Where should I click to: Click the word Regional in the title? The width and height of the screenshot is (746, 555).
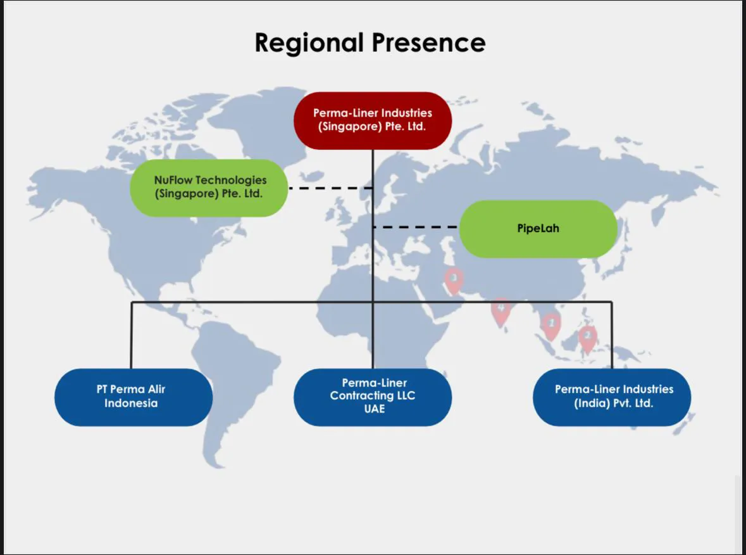[309, 43]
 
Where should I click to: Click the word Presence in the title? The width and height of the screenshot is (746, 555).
[428, 42]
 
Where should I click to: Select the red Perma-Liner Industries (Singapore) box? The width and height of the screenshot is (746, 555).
[373, 120]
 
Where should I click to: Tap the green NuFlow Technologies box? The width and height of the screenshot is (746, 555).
[209, 188]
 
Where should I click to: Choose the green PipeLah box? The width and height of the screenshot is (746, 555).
[538, 229]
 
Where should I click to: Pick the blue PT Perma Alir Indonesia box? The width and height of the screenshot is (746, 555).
[134, 397]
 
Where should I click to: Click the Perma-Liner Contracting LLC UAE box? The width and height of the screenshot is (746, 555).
[373, 397]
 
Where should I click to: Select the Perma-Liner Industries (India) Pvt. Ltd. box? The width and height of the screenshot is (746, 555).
[612, 397]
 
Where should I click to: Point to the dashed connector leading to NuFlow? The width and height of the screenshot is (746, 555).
[331, 188]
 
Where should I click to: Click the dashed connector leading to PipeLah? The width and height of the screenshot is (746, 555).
[416, 227]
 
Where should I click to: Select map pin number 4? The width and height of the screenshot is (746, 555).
[501, 311]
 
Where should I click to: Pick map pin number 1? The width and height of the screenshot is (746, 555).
[551, 326]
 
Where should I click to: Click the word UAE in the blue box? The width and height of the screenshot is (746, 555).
[375, 409]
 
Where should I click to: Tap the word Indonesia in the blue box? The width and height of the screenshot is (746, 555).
[131, 403]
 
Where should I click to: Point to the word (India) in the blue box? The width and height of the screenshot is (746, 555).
[592, 403]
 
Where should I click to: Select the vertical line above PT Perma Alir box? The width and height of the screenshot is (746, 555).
[132, 335]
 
